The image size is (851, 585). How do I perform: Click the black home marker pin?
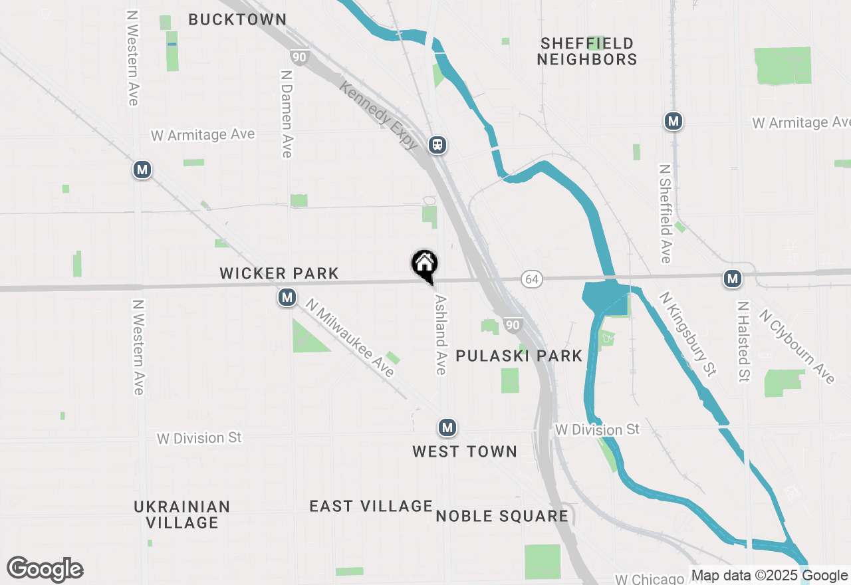[x=424, y=265]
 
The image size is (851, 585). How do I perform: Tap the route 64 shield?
[x=531, y=279]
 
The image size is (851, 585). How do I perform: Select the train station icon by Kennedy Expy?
[x=437, y=145]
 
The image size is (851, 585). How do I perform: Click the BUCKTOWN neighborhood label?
[x=237, y=20]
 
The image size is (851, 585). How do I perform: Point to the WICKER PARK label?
[x=279, y=273]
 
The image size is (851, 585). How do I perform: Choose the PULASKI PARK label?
[x=519, y=356]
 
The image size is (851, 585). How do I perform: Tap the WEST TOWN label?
[x=465, y=452]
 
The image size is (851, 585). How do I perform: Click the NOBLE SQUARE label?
[x=502, y=516]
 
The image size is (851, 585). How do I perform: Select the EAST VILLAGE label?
[x=371, y=507]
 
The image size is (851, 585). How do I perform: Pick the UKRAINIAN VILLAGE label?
[x=182, y=515]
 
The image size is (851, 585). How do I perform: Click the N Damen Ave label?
[x=286, y=114]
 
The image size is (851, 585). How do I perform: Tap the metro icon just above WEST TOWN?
[x=447, y=427]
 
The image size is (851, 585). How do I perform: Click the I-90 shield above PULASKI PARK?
[x=511, y=325]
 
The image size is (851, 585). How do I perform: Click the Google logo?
[x=45, y=569]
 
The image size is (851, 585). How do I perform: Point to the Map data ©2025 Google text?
[x=769, y=576]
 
